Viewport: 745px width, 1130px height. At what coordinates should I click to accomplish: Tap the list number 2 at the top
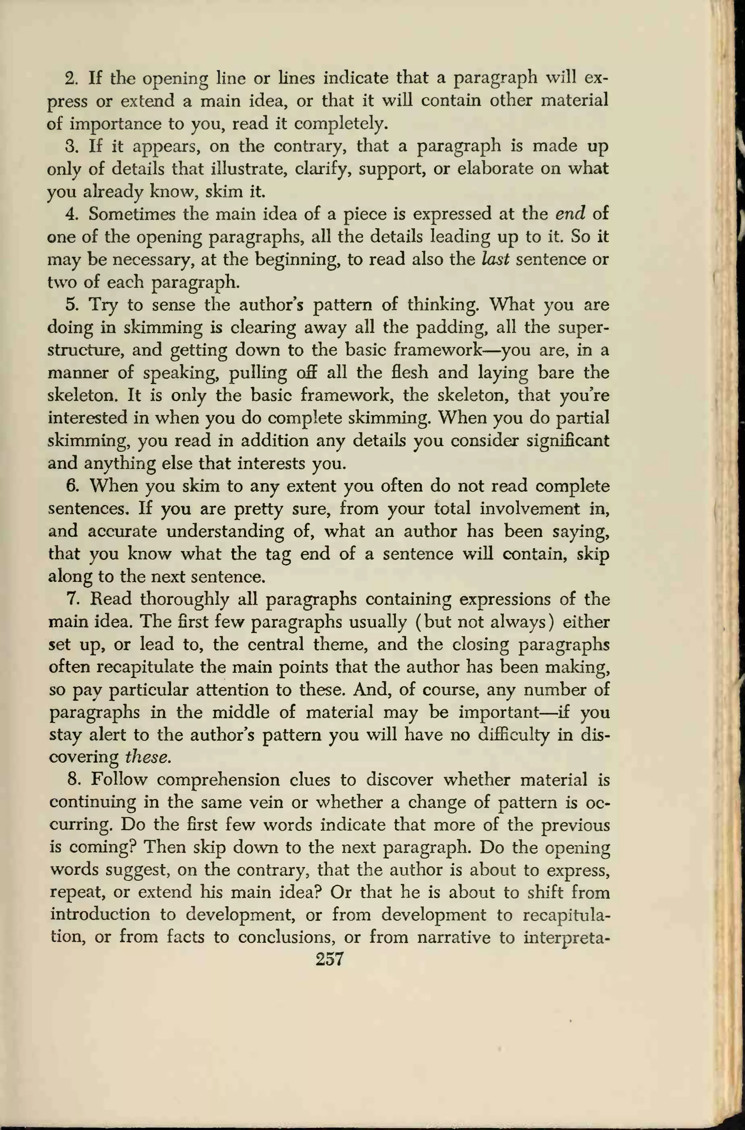coord(71,78)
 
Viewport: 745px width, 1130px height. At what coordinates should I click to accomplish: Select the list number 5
coord(71,305)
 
